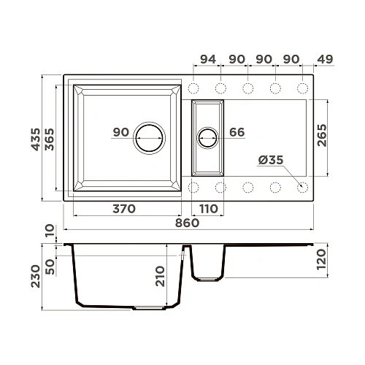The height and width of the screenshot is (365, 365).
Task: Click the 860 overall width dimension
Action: click(187, 223)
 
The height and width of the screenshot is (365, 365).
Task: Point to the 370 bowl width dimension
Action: click(124, 209)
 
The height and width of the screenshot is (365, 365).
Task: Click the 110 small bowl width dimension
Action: click(208, 209)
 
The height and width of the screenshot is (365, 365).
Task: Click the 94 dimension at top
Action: click(207, 59)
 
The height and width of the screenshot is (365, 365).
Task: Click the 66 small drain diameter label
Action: click(237, 132)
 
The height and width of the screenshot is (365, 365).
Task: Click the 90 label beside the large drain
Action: click(121, 132)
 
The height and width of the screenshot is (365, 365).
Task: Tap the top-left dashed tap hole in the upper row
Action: click(194, 89)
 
